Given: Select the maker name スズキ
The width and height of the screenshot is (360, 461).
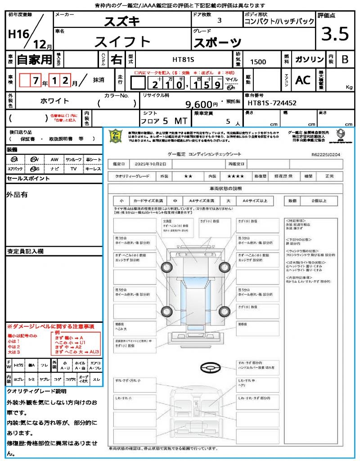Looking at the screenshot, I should click(122, 21).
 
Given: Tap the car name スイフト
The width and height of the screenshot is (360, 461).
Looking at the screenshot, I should click(122, 41).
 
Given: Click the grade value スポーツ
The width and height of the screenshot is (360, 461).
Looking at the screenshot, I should click(217, 43).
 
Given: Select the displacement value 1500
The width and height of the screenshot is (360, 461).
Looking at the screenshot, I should click(258, 62).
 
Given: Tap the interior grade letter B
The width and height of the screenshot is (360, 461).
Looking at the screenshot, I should click(345, 59).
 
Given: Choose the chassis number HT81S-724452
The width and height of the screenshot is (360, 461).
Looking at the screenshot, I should click(272, 104).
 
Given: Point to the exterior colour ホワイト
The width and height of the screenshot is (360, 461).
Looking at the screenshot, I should click(56, 101).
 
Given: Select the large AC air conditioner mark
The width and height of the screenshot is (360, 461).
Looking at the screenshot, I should click(303, 80).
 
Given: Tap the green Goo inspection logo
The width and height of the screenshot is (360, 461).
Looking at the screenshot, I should click(116, 136).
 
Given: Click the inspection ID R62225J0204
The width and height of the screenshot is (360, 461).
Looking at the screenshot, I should click(325, 154).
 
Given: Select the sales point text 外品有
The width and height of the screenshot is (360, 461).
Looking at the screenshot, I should click(17, 194).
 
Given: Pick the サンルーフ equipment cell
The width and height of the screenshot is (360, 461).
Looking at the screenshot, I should click(74, 159).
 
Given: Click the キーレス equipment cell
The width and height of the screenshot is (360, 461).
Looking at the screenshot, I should click(93, 169).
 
